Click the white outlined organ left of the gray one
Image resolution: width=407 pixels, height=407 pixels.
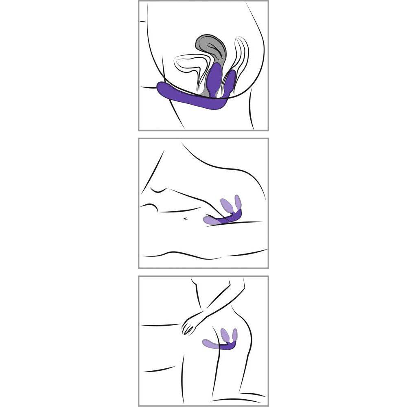(x=187, y=65)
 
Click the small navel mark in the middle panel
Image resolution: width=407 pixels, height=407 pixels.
(x=185, y=219)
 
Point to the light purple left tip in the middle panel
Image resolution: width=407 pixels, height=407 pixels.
(x=208, y=221)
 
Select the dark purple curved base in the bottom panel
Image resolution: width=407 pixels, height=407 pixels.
(x=227, y=347)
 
